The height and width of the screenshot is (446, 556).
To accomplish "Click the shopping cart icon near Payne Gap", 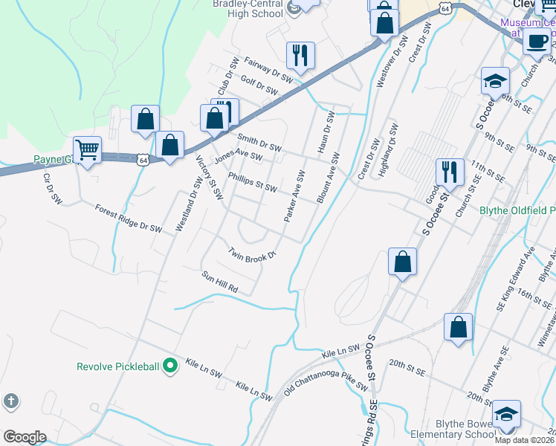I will [x=88, y=150].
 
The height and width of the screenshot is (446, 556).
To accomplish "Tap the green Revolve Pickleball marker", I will [x=170, y=366].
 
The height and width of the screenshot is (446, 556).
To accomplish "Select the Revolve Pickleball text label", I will [x=119, y=366].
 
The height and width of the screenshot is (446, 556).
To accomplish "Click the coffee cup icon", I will [x=537, y=41].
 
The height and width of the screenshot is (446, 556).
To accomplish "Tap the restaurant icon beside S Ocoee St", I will [x=450, y=172].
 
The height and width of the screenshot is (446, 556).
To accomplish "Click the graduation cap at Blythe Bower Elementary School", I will [x=506, y=414].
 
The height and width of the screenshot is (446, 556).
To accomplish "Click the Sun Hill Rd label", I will [x=219, y=282].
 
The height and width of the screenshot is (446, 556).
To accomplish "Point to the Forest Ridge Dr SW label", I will [x=129, y=219].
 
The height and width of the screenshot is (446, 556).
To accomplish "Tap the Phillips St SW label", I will [x=253, y=182].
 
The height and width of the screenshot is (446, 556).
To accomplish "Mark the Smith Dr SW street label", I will [x=259, y=143].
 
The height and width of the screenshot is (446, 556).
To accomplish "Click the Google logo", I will [x=25, y=437].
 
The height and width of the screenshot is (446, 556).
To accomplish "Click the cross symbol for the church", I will [x=10, y=401].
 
